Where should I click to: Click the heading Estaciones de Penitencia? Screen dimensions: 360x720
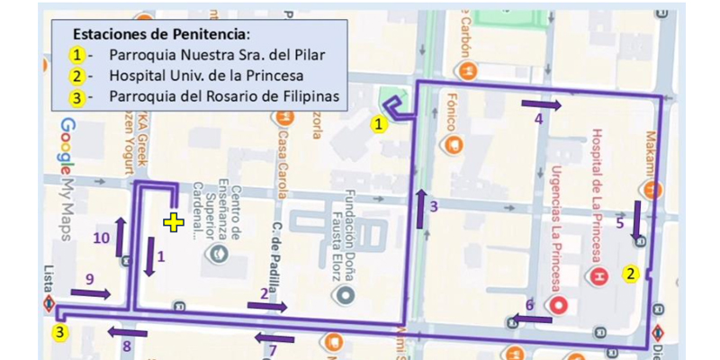point(161,34)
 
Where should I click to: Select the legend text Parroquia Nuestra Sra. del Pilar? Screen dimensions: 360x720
point(216,54)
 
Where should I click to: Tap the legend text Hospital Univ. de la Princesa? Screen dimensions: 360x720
point(205,76)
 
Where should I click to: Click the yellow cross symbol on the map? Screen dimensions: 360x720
point(173,222)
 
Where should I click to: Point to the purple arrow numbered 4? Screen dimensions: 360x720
point(542,105)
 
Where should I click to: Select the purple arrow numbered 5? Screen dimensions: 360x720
point(638,220)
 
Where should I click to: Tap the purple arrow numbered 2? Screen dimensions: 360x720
point(267,306)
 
